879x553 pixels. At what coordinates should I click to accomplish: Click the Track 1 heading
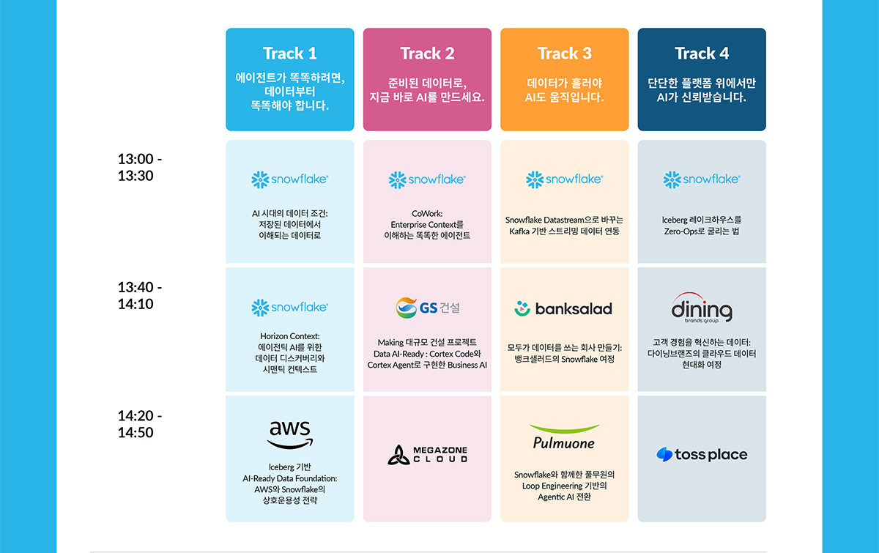point(289,53)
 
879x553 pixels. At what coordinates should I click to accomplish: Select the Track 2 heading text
point(427,53)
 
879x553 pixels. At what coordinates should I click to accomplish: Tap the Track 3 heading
point(564,53)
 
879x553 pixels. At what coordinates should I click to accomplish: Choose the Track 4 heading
point(702,53)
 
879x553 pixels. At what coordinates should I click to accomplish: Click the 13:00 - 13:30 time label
point(140,167)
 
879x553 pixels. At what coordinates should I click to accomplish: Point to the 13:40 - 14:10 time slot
point(140,295)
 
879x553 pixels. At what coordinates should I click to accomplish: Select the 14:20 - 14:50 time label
point(140,424)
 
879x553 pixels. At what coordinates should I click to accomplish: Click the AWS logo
point(290,435)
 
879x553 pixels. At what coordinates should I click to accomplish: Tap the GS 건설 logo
point(427,308)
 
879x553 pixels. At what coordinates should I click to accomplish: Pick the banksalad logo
point(563,309)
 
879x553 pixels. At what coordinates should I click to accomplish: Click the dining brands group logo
point(702,308)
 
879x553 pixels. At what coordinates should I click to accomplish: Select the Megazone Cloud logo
point(427,455)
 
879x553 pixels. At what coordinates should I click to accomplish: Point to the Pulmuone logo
point(564,437)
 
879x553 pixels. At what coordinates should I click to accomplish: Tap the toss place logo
point(702,455)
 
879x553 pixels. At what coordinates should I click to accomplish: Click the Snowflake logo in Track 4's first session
point(702,179)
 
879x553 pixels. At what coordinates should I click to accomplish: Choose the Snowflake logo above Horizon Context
point(289,308)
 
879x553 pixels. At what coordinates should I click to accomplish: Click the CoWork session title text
point(427,225)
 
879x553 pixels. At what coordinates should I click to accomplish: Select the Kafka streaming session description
point(564,226)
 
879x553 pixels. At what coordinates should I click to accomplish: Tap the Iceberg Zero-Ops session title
point(702,226)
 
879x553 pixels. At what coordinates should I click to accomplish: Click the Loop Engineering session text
point(564,486)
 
